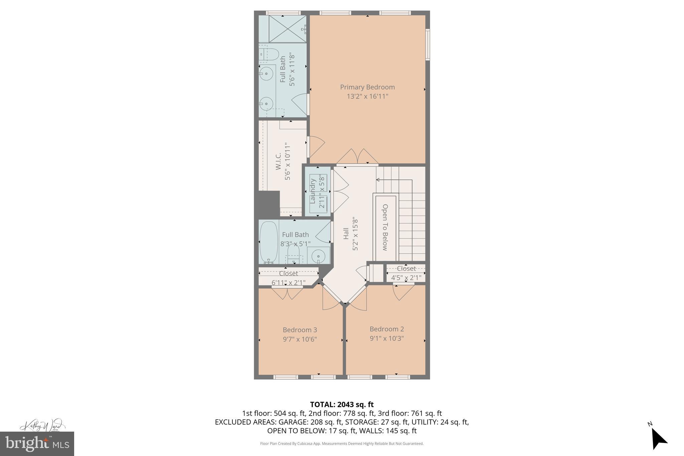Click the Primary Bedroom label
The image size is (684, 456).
click(x=367, y=87)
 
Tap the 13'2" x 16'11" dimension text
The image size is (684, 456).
click(x=367, y=97)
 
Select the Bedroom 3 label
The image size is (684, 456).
click(x=300, y=330)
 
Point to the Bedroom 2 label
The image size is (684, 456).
click(x=386, y=329)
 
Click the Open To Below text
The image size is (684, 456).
click(x=385, y=227)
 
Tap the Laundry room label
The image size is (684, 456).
click(x=313, y=191)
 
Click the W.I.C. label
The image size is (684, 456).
click(x=279, y=161)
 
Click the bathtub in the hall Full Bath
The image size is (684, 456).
click(x=269, y=242)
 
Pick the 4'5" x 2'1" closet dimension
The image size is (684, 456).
click(x=406, y=278)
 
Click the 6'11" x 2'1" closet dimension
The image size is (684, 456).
click(x=288, y=283)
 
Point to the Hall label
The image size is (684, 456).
click(x=346, y=234)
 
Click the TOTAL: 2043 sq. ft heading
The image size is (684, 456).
click(x=342, y=405)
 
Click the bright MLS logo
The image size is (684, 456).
click(x=37, y=444)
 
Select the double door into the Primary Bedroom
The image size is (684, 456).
click(x=357, y=157)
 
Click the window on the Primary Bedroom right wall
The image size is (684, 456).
click(x=427, y=44)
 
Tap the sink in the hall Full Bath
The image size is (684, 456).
click(x=318, y=256)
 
